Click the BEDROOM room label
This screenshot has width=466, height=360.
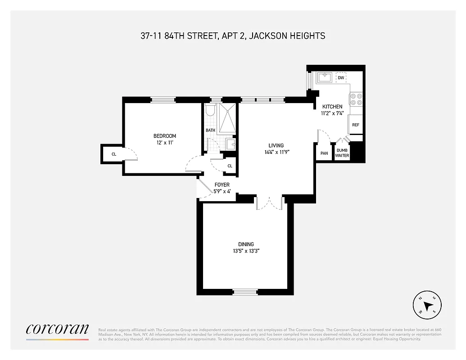pyautogui.click(x=165, y=136)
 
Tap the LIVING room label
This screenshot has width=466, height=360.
pyautogui.click(x=276, y=145)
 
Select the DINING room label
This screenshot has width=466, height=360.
pyautogui.click(x=243, y=244)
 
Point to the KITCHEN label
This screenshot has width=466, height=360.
pyautogui.click(x=332, y=107)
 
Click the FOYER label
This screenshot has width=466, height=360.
pyautogui.click(x=222, y=185)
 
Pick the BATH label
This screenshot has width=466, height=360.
pyautogui.click(x=211, y=130)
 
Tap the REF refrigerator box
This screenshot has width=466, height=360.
pyautogui.click(x=355, y=125)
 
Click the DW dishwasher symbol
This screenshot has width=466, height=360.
pyautogui.click(x=341, y=78)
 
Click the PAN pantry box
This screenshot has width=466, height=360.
pyautogui.click(x=324, y=153)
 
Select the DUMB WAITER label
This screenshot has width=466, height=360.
pyautogui.click(x=342, y=153)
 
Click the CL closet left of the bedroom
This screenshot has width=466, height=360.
pyautogui.click(x=113, y=154)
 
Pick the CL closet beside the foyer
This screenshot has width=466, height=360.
pyautogui.click(x=230, y=166)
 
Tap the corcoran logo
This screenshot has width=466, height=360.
pyautogui.click(x=57, y=330)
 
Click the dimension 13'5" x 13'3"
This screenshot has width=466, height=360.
pyautogui.click(x=243, y=252)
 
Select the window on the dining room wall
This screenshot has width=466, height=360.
pyautogui.click(x=245, y=292)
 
